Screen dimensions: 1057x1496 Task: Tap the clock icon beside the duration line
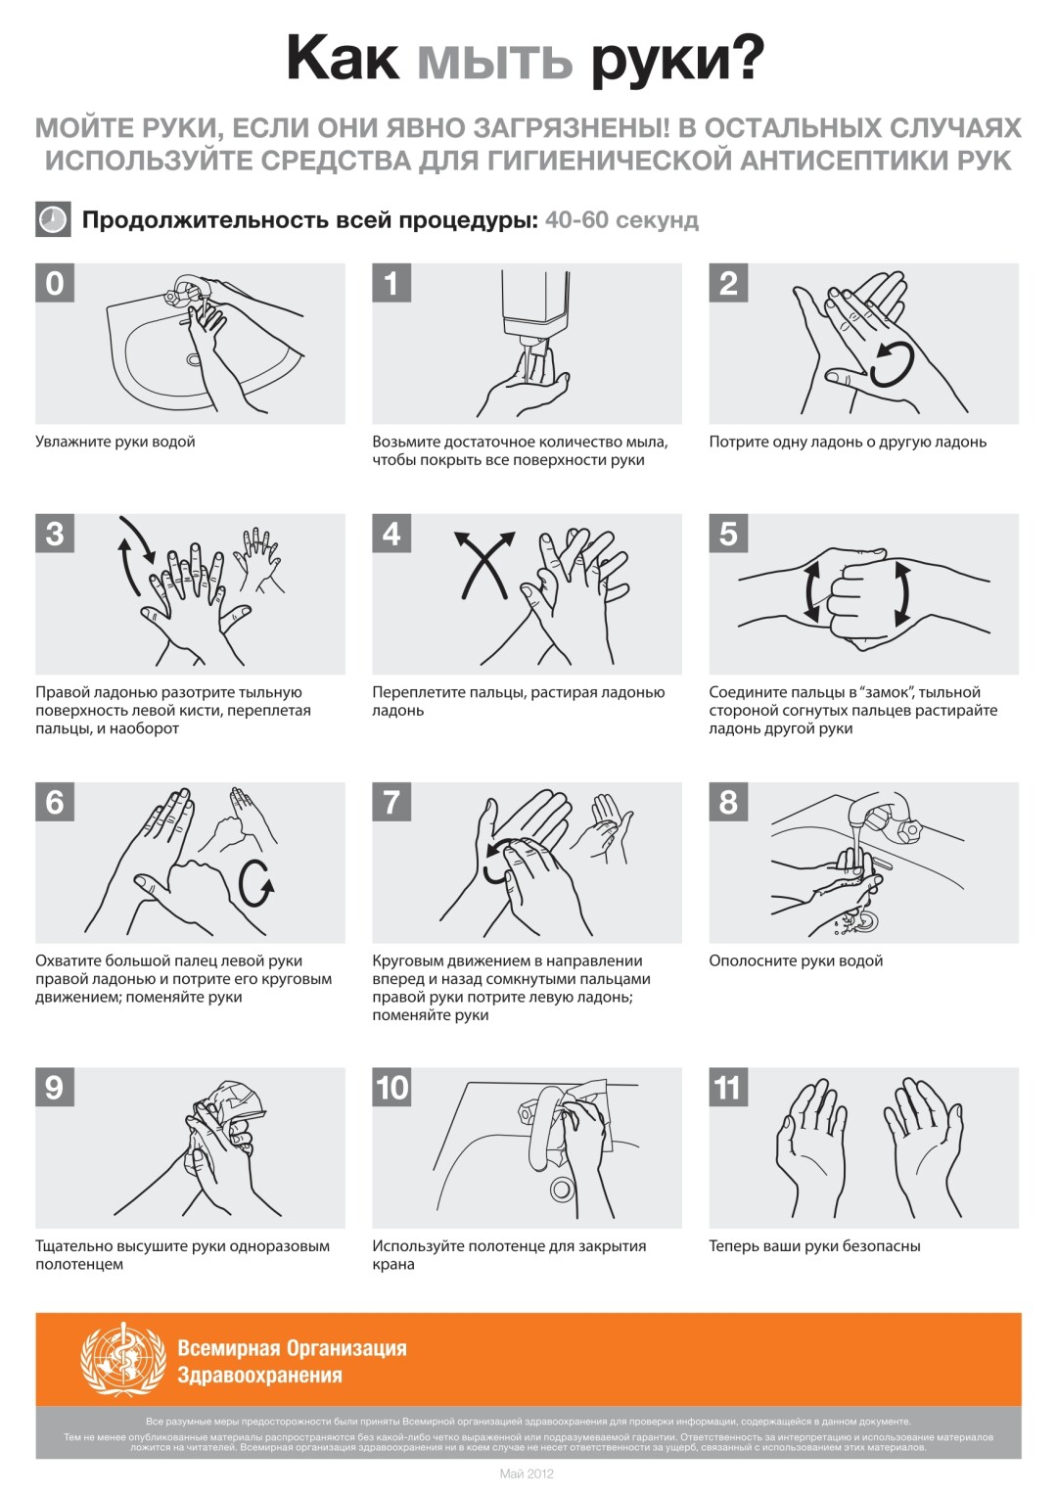pyautogui.click(x=53, y=219)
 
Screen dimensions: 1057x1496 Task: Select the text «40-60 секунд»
pyautogui.click(x=621, y=219)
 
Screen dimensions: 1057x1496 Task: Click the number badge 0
pyautogui.click(x=55, y=283)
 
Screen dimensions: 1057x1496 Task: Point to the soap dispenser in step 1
pyautogui.click(x=534, y=307)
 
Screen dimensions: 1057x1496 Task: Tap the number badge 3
pyautogui.click(x=55, y=534)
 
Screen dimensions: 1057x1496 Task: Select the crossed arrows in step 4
pyautogui.click(x=484, y=564)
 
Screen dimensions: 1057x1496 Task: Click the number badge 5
pyautogui.click(x=728, y=534)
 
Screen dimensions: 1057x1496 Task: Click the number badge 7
pyautogui.click(x=391, y=802)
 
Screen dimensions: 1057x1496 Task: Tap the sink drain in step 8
pyautogui.click(x=865, y=922)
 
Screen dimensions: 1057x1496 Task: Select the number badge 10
pyautogui.click(x=391, y=1088)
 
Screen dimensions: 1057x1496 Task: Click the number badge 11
pyautogui.click(x=728, y=1088)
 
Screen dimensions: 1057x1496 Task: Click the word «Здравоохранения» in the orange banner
pyautogui.click(x=259, y=1376)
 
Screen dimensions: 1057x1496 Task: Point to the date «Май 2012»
pyautogui.click(x=527, y=1473)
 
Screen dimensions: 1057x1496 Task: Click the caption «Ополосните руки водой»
pyautogui.click(x=796, y=961)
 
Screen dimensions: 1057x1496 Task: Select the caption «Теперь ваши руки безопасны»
pyautogui.click(x=814, y=1246)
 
